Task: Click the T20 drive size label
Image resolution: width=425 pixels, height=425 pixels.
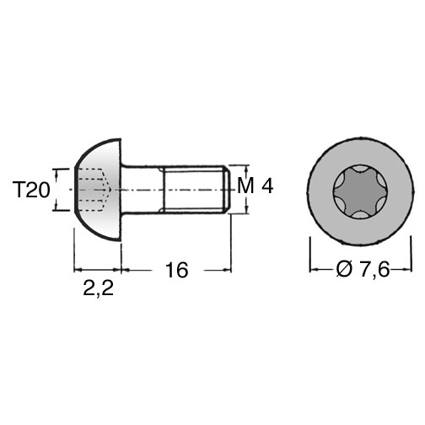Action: pos(31,190)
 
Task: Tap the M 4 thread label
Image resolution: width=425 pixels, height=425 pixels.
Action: pos(255,186)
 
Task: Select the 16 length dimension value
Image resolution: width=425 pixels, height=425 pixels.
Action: pos(177,270)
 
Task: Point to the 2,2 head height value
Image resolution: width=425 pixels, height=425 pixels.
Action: pos(99,288)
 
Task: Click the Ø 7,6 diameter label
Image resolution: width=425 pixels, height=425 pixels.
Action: pos(363,269)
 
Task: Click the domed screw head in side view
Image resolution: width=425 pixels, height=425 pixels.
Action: pos(99,190)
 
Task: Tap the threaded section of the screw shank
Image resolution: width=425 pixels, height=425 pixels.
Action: pos(195,190)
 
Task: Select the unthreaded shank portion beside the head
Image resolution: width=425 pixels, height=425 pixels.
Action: pos(142,190)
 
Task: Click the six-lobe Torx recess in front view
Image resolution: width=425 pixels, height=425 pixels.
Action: pos(361,191)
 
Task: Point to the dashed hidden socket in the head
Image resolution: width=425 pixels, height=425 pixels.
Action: pos(94,190)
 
